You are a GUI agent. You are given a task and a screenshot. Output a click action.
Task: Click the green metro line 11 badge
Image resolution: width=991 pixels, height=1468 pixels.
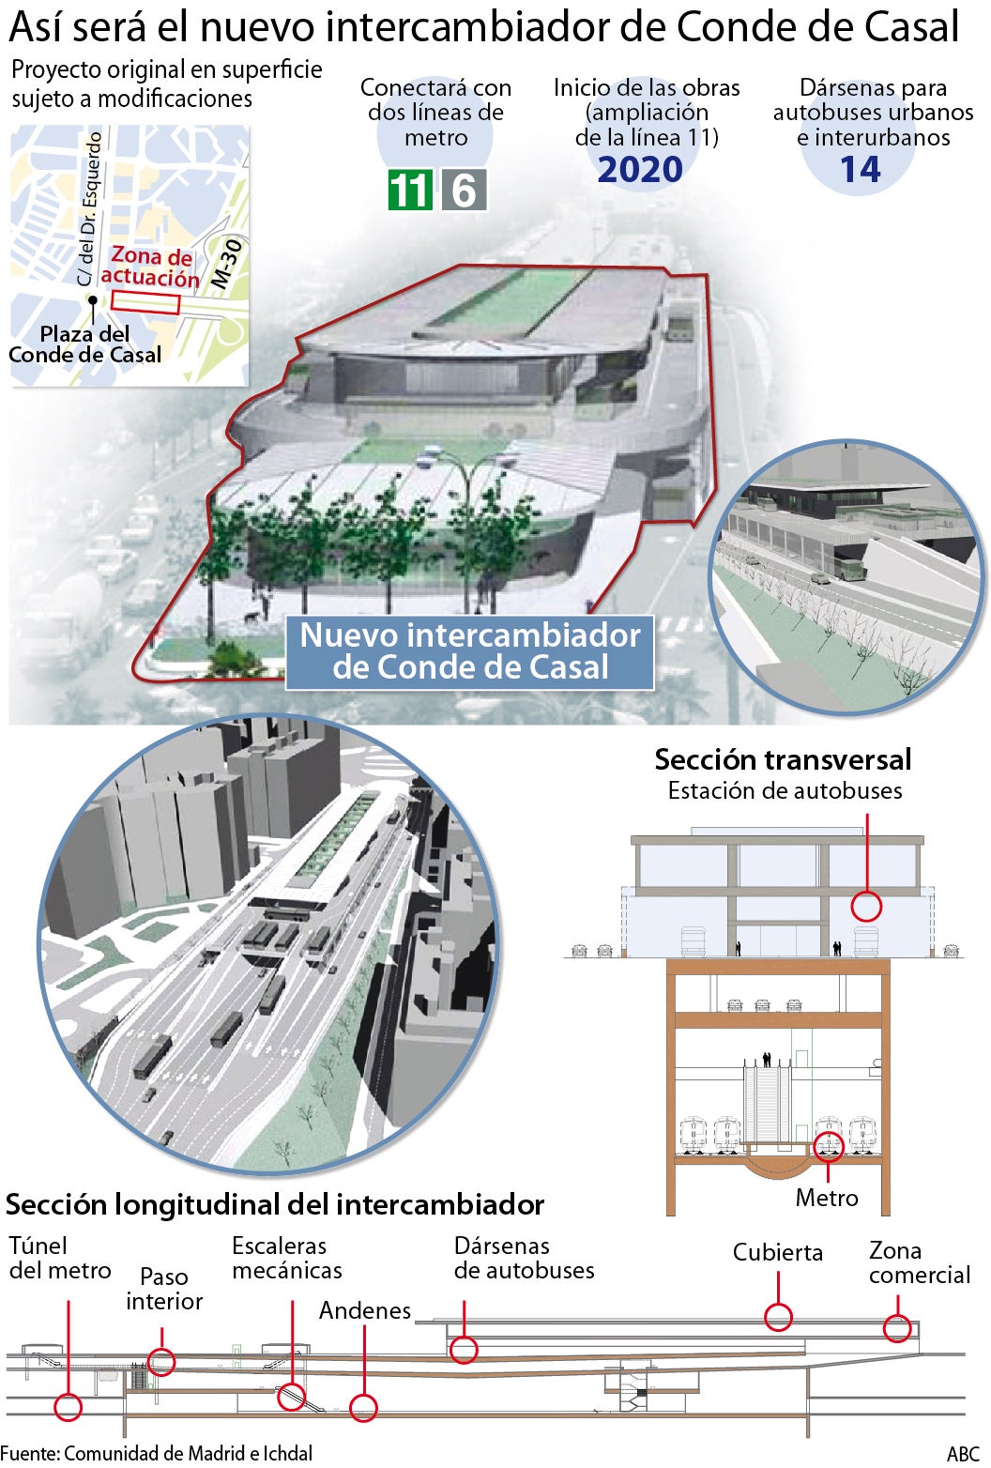click(x=410, y=190)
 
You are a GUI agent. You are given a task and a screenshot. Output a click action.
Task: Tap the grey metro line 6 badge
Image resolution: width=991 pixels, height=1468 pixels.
click(x=464, y=190)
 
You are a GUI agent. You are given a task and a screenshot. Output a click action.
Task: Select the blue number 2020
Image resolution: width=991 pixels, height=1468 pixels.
click(x=640, y=170)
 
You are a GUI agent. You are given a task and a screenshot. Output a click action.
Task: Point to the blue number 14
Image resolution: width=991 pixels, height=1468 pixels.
click(x=860, y=170)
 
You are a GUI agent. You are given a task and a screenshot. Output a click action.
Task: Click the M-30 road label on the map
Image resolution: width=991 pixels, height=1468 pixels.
click(x=227, y=264)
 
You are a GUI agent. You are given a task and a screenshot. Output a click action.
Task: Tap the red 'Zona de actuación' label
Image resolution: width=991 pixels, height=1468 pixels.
click(x=150, y=267)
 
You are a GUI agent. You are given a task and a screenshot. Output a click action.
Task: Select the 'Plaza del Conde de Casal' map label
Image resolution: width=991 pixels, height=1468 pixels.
click(x=84, y=344)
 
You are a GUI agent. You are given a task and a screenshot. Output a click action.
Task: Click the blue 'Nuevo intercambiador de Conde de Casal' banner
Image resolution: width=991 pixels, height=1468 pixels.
click(x=470, y=651)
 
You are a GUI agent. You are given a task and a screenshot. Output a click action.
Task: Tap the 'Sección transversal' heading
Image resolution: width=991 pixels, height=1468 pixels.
click(x=783, y=759)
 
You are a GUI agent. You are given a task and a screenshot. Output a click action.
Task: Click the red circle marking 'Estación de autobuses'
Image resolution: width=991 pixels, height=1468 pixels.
click(x=866, y=907)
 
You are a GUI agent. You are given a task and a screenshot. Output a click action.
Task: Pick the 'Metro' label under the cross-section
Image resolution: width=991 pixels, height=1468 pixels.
click(x=827, y=1198)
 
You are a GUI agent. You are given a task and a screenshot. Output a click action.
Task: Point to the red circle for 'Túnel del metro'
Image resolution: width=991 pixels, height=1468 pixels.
click(x=68, y=1407)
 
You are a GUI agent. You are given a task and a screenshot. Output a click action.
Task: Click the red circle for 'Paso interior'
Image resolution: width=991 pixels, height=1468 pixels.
click(x=161, y=1362)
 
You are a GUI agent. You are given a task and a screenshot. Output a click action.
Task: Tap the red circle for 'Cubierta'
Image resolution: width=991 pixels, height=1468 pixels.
click(x=778, y=1317)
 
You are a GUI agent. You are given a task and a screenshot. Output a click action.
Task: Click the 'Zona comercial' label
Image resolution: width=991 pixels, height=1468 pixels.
click(x=920, y=1262)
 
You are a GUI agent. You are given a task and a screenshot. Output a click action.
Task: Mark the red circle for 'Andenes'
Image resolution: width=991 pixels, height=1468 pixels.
click(x=363, y=1407)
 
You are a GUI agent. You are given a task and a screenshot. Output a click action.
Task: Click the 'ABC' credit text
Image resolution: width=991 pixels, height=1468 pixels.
click(x=964, y=1454)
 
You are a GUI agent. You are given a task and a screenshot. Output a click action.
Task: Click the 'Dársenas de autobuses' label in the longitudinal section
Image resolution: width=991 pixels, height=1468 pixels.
click(x=525, y=1259)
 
